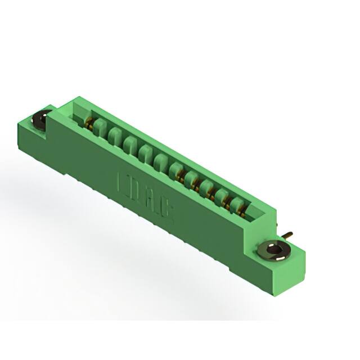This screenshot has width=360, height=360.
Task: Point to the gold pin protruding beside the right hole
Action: pyautogui.click(x=287, y=234)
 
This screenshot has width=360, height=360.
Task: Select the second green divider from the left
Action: pyautogui.click(x=115, y=136)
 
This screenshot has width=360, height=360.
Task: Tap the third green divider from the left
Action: pyautogui.click(x=130, y=144)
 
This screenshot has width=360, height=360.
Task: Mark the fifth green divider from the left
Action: pyautogui.click(x=161, y=161)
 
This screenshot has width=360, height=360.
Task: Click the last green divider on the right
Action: pyautogui.click(x=237, y=202)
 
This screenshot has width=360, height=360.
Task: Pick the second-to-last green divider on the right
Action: pyautogui.click(x=222, y=195)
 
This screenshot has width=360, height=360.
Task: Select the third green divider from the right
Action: pyautogui.click(x=206, y=186)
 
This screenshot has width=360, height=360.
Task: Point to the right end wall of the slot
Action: pyautogui.click(x=253, y=213)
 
